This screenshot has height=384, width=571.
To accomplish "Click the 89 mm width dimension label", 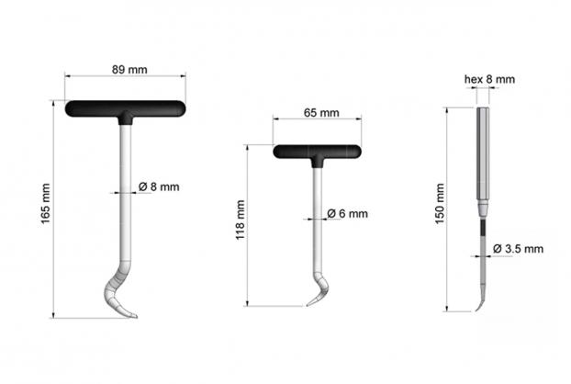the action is point(129,70).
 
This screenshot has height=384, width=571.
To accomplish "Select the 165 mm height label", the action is point(45,204).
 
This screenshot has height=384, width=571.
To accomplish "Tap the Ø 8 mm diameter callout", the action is point(159,186).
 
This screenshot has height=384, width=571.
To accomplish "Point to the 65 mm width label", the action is point(321,113).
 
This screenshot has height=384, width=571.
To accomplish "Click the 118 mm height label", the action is point(240,220).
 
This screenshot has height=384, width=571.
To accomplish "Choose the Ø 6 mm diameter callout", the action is point(347,213).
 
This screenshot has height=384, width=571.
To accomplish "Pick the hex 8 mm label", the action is point(489,79).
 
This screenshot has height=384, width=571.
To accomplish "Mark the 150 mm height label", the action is point(440,204).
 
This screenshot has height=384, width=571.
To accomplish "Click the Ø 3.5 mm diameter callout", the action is point(518,249).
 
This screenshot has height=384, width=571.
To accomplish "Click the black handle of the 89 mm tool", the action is point(125,109).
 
